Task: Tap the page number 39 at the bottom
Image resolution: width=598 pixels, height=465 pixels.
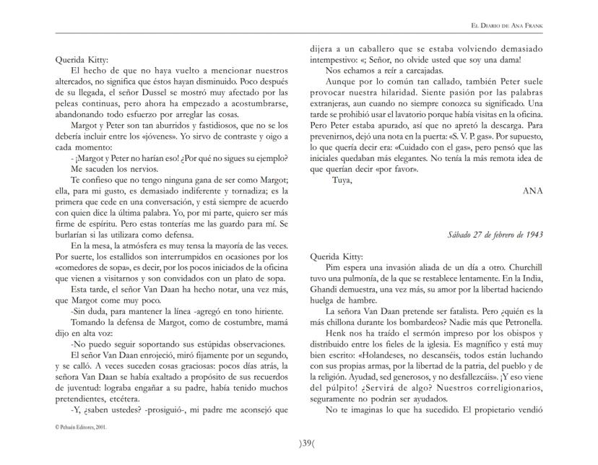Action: [299, 441]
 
